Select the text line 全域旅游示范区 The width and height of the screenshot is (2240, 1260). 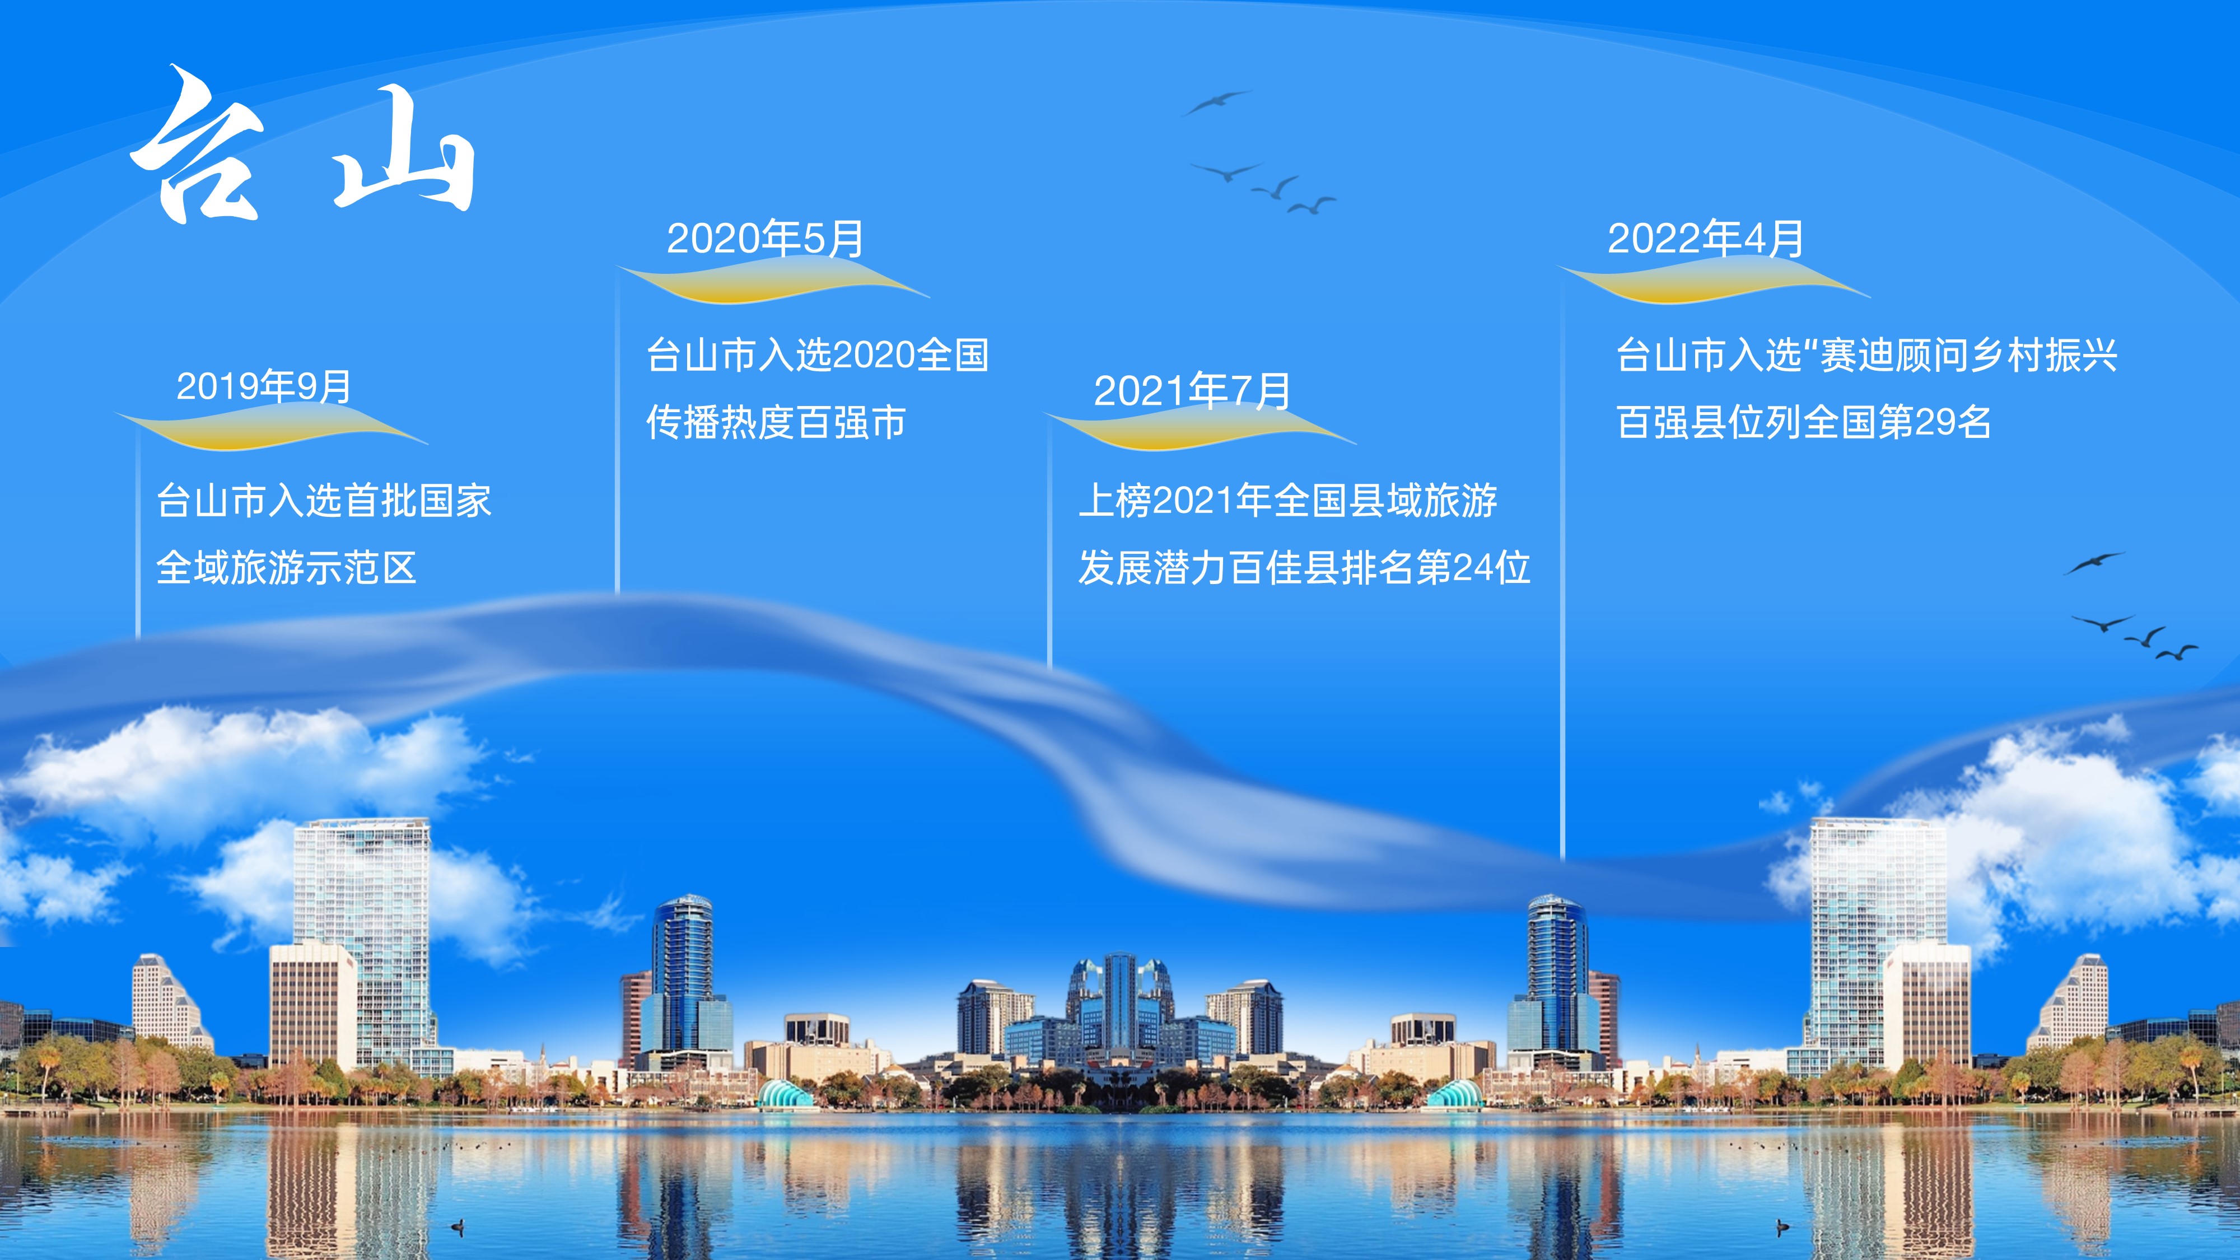pos(286,568)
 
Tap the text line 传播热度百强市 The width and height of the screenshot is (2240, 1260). pos(776,423)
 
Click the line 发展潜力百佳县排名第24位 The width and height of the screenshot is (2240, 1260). pos(1304,568)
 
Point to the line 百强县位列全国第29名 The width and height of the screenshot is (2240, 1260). pos(1803,423)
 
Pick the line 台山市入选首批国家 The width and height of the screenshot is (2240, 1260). pos(324,501)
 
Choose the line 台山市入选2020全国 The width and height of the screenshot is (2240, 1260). pos(818,355)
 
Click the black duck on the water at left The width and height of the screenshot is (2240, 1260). pos(458,1226)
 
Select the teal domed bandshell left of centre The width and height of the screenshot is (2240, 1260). pos(786,1094)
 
